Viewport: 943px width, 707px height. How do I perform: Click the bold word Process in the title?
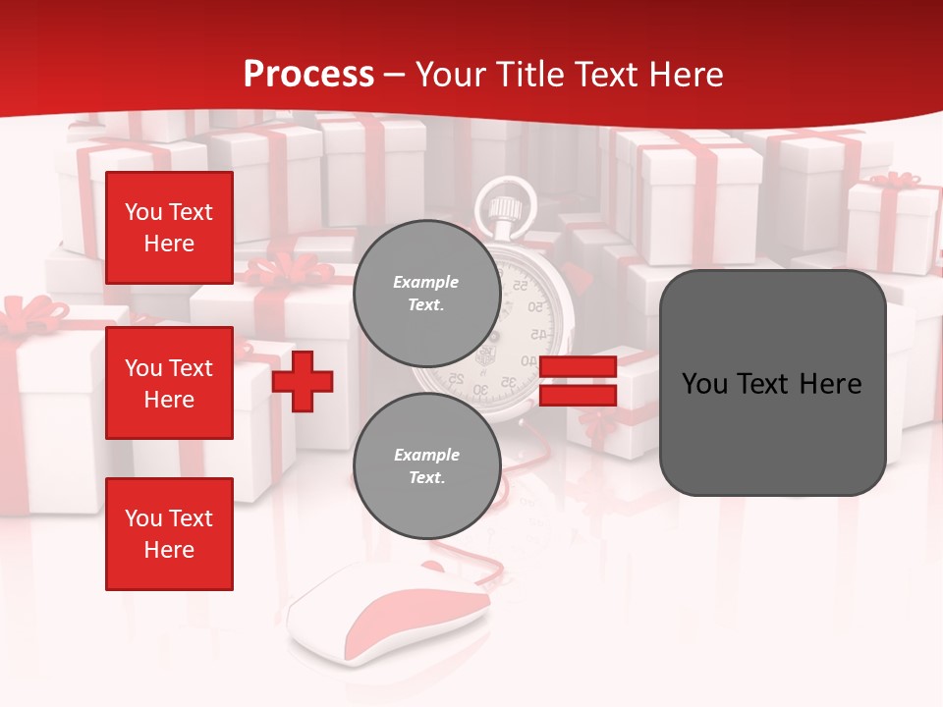(308, 74)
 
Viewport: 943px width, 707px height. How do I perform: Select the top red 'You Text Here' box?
(169, 228)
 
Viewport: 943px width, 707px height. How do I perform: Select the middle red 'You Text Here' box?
(169, 383)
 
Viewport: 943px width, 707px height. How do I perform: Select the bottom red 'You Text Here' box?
(169, 533)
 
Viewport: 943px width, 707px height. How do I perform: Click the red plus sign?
(303, 381)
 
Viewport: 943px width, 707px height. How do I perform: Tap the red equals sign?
(578, 381)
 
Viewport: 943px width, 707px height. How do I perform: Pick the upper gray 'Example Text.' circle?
(426, 293)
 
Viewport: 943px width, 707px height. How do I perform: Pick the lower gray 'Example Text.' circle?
(426, 465)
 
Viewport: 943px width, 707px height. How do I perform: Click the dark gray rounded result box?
(772, 383)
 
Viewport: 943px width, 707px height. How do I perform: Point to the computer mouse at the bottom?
(393, 609)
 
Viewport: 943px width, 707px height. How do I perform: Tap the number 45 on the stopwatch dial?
(539, 334)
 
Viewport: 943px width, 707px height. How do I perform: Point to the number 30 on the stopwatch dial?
(480, 389)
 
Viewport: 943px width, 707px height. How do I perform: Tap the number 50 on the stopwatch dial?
(535, 307)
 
